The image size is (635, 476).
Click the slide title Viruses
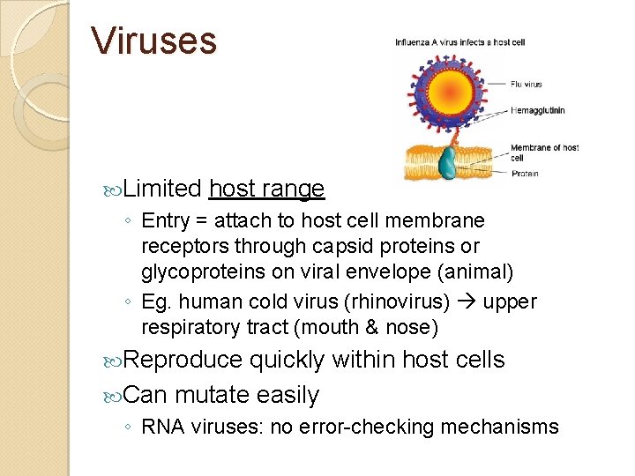(154, 41)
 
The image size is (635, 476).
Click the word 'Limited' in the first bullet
(163, 189)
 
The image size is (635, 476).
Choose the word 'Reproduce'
(183, 360)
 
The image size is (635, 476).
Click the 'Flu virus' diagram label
(527, 85)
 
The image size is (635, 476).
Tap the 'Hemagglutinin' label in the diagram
(537, 110)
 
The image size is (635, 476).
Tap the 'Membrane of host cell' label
(544, 152)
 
